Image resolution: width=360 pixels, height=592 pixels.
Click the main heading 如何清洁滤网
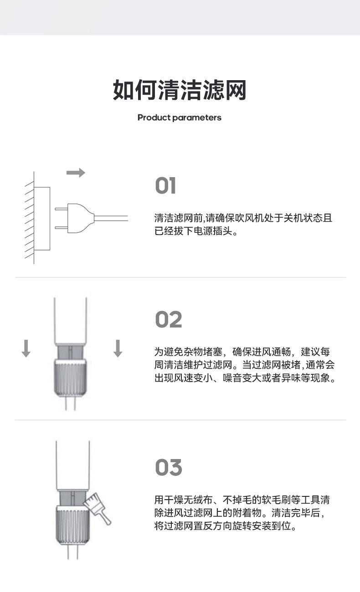180,90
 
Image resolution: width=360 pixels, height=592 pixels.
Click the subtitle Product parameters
180,117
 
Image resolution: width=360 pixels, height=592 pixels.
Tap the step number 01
165,185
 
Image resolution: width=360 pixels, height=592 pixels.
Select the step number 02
169,320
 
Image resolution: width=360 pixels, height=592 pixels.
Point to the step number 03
169,468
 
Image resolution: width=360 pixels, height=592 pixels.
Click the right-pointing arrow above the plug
76,173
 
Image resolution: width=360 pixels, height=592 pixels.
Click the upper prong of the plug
61,209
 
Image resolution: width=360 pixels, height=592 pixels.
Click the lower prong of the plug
61,228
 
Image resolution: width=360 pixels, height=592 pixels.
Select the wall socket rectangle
42,219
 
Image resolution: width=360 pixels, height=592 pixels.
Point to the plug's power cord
111,218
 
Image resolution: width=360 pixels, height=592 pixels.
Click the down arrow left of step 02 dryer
26,348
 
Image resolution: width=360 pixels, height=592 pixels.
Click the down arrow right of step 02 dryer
118,348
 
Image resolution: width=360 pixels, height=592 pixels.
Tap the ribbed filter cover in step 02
70,378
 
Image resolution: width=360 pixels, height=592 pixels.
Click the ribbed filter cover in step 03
73,525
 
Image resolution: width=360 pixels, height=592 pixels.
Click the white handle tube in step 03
73,465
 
